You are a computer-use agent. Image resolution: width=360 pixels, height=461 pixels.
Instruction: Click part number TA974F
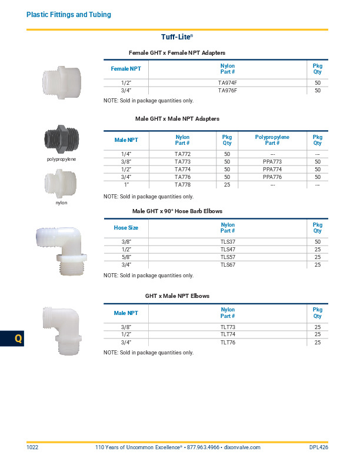click(x=227, y=83)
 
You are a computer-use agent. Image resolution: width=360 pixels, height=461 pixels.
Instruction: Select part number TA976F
click(x=227, y=91)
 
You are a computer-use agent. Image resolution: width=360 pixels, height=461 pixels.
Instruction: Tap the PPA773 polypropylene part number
click(x=272, y=161)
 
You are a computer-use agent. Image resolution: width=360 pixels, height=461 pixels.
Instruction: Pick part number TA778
click(x=182, y=185)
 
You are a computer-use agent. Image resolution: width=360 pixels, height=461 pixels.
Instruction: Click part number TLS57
click(x=227, y=257)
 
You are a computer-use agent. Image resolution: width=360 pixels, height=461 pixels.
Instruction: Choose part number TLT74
click(x=227, y=334)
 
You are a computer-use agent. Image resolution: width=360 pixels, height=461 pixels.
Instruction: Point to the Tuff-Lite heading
click(x=176, y=37)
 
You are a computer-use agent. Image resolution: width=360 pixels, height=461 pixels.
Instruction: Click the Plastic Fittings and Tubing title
click(x=69, y=14)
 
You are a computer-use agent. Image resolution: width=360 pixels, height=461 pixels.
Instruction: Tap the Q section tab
click(x=18, y=339)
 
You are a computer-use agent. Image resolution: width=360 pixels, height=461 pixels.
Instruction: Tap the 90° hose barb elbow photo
click(x=61, y=248)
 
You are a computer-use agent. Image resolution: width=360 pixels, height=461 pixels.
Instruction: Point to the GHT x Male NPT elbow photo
click(x=61, y=331)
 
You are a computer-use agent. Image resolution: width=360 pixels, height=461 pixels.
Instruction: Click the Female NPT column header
click(x=126, y=69)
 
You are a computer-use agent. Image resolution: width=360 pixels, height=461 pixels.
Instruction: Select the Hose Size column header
click(x=126, y=227)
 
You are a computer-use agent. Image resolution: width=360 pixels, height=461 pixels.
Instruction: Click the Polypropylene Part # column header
click(x=272, y=140)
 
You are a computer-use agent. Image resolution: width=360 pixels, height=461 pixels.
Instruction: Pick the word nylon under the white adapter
click(x=62, y=203)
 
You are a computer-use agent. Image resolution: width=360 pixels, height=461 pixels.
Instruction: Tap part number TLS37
click(x=227, y=241)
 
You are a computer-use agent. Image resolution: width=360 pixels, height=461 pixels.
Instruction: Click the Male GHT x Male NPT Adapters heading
click(x=177, y=119)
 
